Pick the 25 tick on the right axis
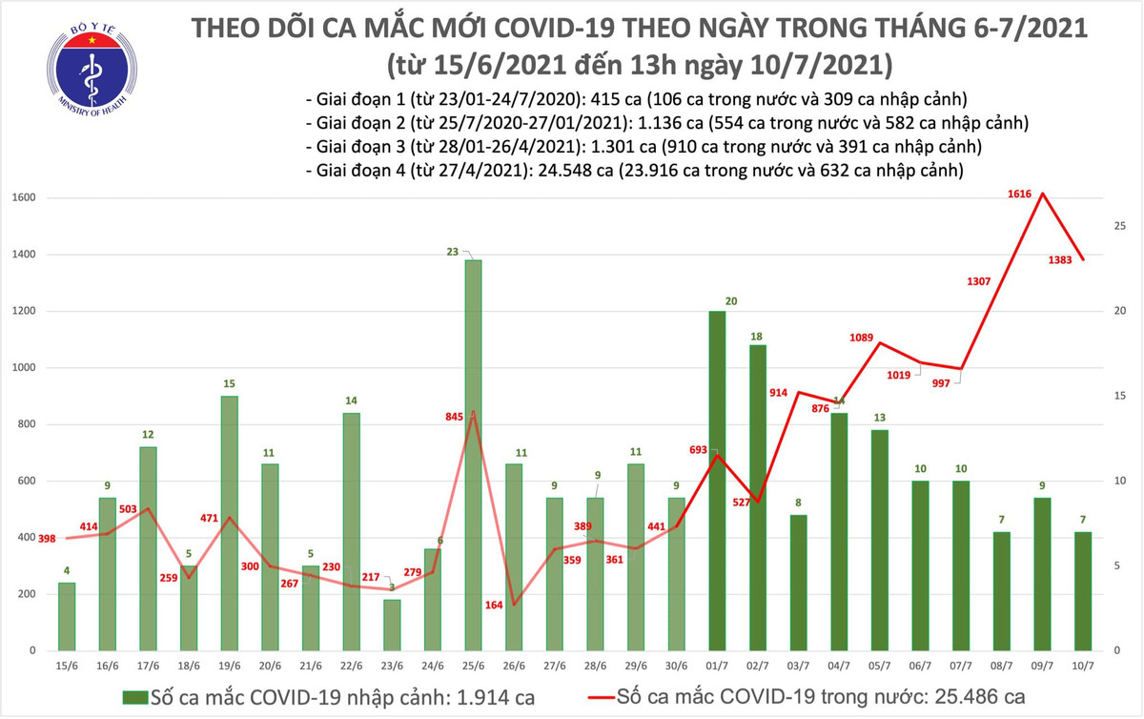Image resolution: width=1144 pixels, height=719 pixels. pos(1121,226)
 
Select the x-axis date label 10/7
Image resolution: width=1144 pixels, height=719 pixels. pos(1084,666)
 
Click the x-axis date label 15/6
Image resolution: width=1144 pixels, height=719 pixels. pos(66,666)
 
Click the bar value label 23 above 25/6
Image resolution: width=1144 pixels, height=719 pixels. pos(452,253)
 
